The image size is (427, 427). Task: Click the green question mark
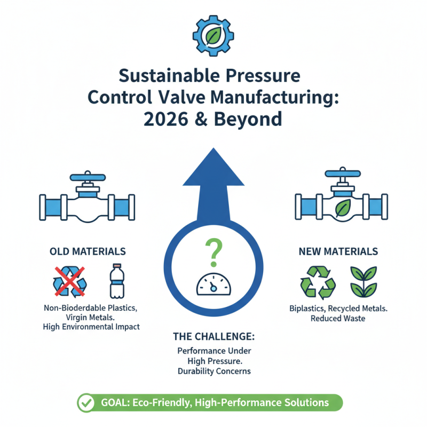click(x=212, y=254)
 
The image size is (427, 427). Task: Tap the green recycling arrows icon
click(x=318, y=281)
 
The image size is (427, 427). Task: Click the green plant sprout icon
click(x=361, y=281)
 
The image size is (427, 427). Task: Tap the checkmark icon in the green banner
click(x=85, y=403)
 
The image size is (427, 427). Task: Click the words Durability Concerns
click(x=213, y=371)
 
